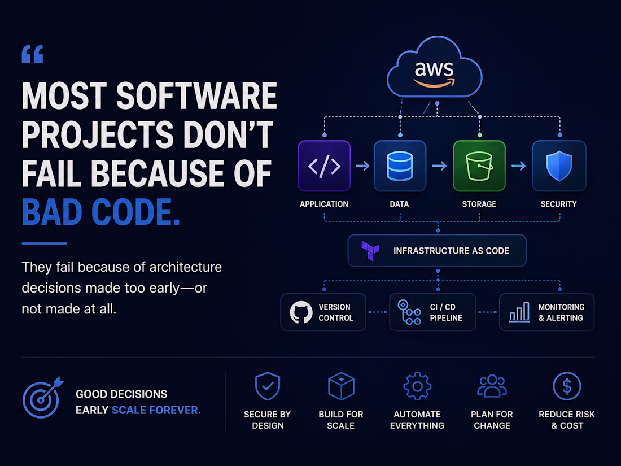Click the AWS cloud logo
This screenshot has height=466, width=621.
coord(435,67)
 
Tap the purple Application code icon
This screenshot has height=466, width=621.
coord(324,166)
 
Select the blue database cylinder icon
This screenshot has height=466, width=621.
coord(400,166)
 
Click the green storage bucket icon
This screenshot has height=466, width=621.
coord(479,166)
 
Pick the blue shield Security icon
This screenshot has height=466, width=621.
coord(559,166)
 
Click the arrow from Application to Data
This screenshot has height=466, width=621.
coord(362,166)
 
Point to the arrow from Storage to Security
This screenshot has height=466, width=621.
coord(518,166)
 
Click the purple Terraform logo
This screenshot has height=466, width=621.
coord(370,250)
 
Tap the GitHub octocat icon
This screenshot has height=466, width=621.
coord(301,312)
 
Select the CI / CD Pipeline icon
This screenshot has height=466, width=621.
coord(409,312)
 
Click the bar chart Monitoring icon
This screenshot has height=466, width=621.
coord(519,312)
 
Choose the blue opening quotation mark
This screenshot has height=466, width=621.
coord(33,54)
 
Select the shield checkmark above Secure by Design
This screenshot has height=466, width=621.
coord(268,386)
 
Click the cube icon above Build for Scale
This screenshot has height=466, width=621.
coord(341,386)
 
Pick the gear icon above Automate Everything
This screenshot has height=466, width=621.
coord(417,386)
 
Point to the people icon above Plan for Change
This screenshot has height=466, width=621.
coord(492,386)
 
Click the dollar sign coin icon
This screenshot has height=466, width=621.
coord(567,386)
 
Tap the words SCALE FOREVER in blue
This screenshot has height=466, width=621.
coord(156,410)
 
